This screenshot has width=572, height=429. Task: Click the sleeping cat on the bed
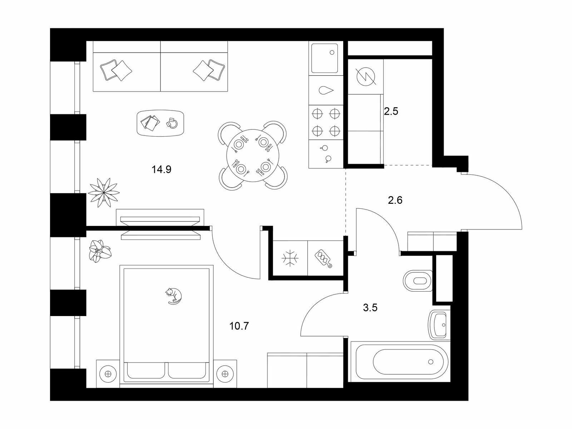[x=173, y=296]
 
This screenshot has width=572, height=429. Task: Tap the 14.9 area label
[x=162, y=170]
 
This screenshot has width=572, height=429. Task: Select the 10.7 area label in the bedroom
[x=239, y=326]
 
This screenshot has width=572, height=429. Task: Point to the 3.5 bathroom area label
[x=370, y=308]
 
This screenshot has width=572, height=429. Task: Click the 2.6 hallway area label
[x=395, y=200]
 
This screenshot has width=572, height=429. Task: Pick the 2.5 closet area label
[x=391, y=112]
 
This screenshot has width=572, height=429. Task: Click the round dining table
[x=253, y=156]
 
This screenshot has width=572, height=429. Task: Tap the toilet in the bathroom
[x=418, y=281]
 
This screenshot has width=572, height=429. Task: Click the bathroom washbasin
[x=440, y=325]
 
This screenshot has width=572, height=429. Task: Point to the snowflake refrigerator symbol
[x=290, y=258]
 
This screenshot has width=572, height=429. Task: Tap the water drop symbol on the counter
[x=326, y=90]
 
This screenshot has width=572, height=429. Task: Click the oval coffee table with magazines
[x=161, y=123]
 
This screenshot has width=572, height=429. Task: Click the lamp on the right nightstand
[x=225, y=374]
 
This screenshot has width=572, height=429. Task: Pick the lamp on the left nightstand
[x=108, y=374]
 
